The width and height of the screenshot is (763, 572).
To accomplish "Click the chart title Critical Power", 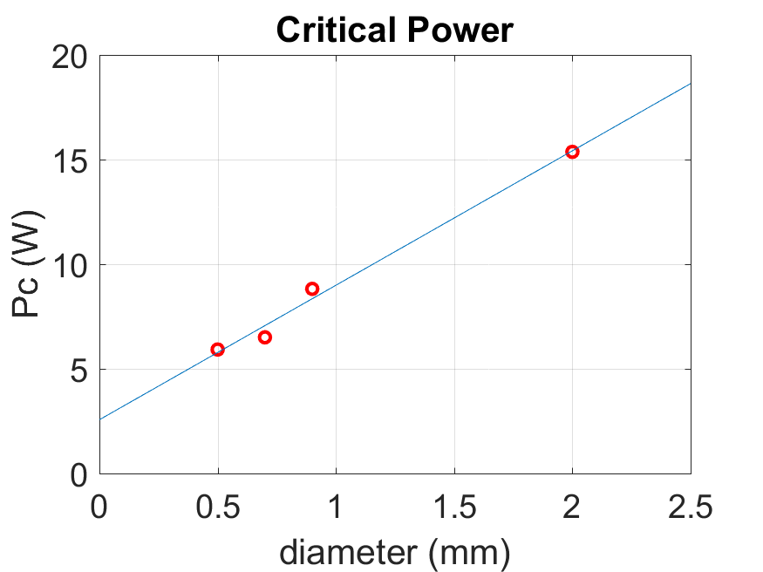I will point(395,31).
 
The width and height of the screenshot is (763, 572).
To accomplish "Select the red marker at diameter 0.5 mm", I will point(218,350).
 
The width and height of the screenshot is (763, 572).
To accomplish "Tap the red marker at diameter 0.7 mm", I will point(265,337).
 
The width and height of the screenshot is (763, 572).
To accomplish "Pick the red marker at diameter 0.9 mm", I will point(312,289).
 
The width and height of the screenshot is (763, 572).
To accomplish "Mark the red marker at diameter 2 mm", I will point(572,152).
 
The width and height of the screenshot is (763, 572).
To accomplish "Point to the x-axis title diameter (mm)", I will point(394,551).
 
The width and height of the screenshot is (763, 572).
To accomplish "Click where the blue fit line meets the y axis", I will point(100,419).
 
